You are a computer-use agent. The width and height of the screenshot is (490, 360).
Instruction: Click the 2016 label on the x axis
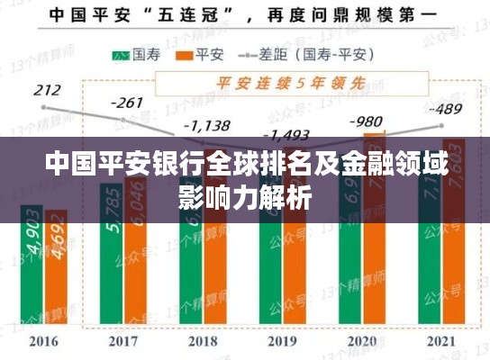(x=43, y=342)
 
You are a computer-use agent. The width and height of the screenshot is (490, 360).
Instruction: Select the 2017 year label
(x=123, y=342)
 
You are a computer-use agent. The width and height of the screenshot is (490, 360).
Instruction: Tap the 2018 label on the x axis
(x=204, y=342)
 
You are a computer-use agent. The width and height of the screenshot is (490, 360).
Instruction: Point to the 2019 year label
(x=283, y=342)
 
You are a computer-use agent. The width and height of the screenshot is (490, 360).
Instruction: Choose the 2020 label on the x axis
(x=363, y=342)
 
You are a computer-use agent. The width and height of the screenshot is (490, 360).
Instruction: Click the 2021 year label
(x=442, y=342)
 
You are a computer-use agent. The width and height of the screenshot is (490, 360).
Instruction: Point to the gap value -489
(x=445, y=110)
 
